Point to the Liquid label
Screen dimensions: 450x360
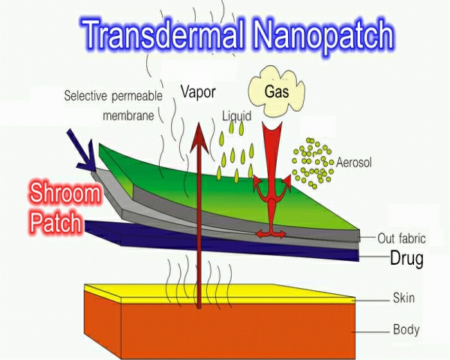(237, 116)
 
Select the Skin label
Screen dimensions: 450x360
(403, 298)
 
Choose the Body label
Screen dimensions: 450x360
(406, 328)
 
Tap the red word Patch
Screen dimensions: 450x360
(58, 223)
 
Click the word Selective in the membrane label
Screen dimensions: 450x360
(87, 96)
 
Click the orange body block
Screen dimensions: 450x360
(225, 330)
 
